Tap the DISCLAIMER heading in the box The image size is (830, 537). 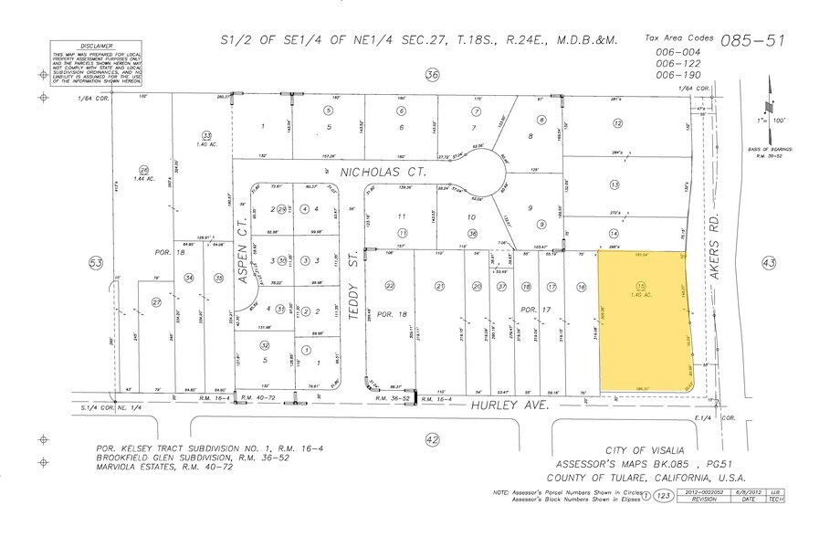96,45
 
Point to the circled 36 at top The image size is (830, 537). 433,74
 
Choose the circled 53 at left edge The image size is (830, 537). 95,263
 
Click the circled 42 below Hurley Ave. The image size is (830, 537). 433,440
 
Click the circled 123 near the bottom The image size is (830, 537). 664,497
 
